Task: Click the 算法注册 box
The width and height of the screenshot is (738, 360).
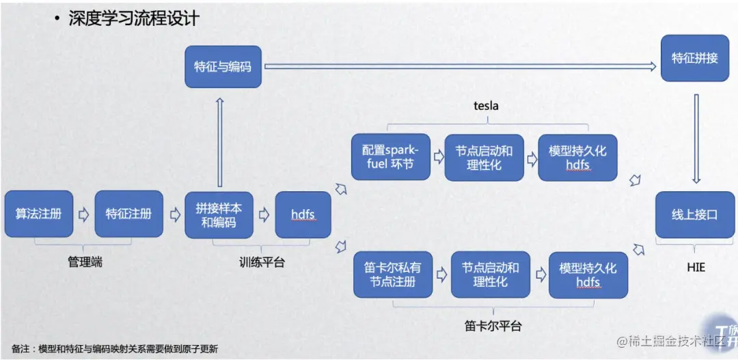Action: pos(39,214)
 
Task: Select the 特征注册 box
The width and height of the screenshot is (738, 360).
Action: pos(128,214)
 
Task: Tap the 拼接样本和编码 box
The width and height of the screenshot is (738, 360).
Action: pos(219,214)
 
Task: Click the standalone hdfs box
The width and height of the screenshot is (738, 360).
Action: pos(303,214)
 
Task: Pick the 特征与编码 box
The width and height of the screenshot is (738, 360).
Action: pos(223,67)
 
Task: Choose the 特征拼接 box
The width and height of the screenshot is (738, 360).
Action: pos(694,58)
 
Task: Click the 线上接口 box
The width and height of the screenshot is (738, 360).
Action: pos(694,214)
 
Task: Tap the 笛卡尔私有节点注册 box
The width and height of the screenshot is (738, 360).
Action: pos(393,274)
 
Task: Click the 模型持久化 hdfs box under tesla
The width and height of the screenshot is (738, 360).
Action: pos(577,157)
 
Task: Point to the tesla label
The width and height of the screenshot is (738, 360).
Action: pos(486,106)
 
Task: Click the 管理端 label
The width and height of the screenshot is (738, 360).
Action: pos(84,261)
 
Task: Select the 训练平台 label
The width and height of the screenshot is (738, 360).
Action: pos(262,262)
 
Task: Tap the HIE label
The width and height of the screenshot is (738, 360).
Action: pos(695,268)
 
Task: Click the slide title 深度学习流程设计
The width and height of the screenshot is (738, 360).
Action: pos(133,18)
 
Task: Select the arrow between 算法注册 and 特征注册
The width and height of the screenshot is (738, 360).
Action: pos(84,214)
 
